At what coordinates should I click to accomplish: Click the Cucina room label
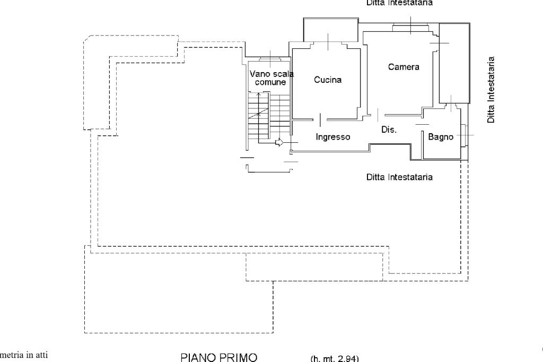327,80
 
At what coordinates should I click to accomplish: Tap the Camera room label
403,67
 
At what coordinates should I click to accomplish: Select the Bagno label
441,137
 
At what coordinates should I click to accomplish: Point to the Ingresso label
333,137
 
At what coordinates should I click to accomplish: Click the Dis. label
389,129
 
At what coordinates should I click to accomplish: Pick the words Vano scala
271,74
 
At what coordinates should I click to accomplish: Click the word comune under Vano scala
270,82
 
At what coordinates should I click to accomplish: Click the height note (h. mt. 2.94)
335,358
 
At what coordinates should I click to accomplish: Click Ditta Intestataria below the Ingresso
399,177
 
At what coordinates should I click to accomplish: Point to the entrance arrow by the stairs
280,142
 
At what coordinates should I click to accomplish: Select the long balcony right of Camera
454,63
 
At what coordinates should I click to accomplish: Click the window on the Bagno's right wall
463,135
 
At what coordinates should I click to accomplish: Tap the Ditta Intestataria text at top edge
399,3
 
